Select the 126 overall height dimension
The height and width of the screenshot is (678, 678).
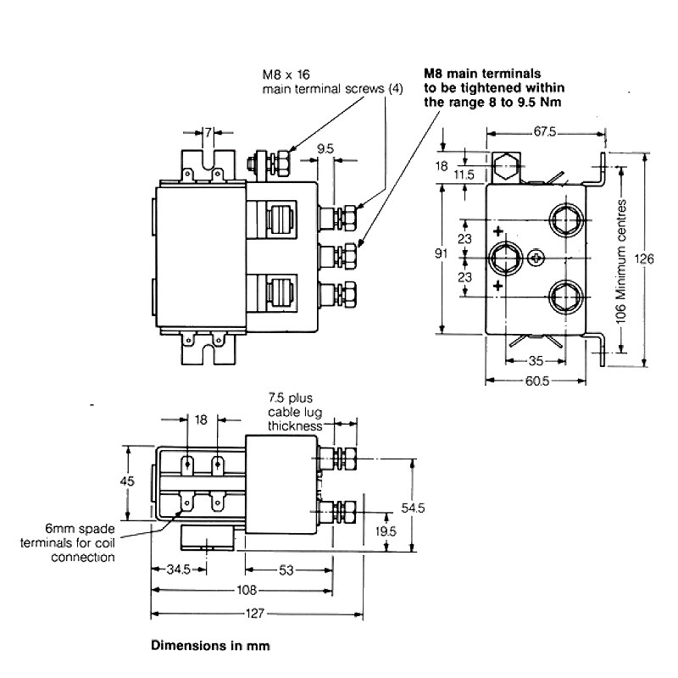coord(646,260)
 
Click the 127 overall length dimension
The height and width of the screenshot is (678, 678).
coord(257,615)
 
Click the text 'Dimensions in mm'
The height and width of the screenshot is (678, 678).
coord(210,646)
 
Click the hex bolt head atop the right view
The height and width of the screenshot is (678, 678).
coord(505,166)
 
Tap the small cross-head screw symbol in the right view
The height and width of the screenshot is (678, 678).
coord(535,258)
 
